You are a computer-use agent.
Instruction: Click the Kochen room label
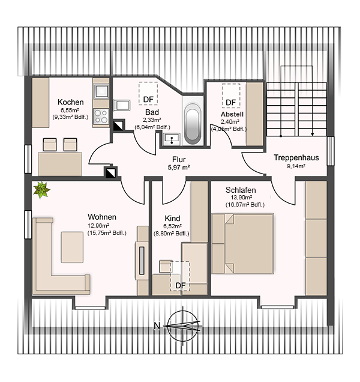point(71,102)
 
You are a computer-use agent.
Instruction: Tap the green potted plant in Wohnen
point(41,190)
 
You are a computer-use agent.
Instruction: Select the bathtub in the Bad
point(193,121)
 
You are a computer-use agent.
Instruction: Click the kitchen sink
point(101,92)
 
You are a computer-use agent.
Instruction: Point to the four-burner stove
point(101,116)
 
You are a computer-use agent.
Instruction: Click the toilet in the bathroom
point(122,106)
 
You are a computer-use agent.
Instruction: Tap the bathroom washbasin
point(172,139)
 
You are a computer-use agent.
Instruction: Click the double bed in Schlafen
point(243,244)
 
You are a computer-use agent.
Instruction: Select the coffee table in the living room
point(72,247)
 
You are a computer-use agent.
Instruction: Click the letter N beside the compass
point(157,326)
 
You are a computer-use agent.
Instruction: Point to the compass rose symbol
point(183,326)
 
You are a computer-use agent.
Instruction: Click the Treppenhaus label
point(296,157)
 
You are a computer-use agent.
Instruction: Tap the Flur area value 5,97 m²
point(179,168)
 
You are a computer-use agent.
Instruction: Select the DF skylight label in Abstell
point(231,103)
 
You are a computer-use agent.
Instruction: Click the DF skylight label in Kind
point(181,285)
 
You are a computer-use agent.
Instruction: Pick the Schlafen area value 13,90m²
point(241,198)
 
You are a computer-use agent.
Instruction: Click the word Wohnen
point(102,217)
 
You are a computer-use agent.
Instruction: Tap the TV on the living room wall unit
point(142,261)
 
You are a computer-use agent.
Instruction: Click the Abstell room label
point(232,114)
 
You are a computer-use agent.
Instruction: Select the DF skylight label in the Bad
point(148,99)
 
